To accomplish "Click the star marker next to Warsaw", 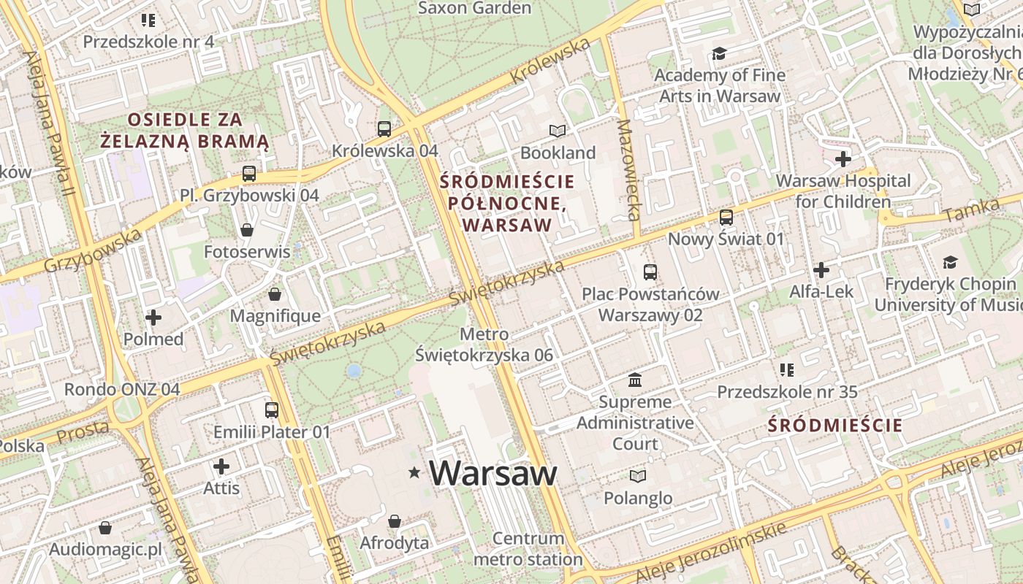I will pos(415,473).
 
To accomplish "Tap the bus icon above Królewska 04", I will pos(384,129).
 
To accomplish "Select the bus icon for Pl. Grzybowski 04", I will pos(249,174).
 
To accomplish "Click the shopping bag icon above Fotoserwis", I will pos(247,230).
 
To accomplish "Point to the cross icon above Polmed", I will pos(153,318).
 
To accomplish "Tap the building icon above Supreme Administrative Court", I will pos(635,380).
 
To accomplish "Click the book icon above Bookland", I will pos(558,131).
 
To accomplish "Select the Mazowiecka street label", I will pos(628,170).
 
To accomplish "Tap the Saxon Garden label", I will pos(474,8).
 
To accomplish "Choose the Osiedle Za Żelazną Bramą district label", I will pos(184,130).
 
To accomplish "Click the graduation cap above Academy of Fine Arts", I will pos(720,53).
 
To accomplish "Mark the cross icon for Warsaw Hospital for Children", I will pos(843,158).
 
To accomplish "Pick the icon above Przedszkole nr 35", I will pos(787,370).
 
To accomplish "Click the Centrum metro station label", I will pos(528,549).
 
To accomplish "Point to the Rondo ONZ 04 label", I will pos(122,389).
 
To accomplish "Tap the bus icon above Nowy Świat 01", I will pos(726,217).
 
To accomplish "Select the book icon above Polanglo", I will pos(638,476).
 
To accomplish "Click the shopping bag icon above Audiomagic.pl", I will pos(105,527).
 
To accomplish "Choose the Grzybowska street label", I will pos(93,251).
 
